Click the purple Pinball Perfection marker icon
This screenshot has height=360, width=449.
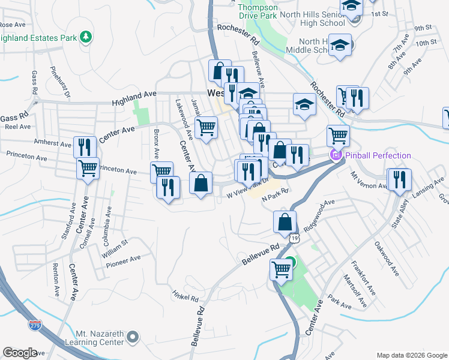click(335, 156)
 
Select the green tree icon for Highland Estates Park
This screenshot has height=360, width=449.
click(87, 37)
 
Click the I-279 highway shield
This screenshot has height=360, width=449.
click(35, 325)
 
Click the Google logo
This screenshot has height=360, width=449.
click(19, 353)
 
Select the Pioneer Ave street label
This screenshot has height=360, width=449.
click(123, 259)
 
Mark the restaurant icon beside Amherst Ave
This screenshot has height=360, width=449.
click(85, 146)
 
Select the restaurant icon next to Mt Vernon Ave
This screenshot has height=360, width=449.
click(399, 178)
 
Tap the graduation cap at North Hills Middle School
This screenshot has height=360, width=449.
click(340, 46)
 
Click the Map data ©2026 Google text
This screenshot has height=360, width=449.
click(411, 355)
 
